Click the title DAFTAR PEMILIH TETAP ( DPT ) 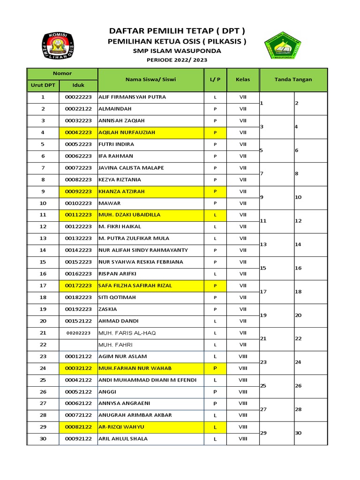pos(177,31)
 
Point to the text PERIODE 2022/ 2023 pos(177,60)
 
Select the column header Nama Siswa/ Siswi pos(150,79)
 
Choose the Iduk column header pos(78,85)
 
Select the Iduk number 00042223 pos(78,133)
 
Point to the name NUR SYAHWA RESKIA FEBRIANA pos(140,262)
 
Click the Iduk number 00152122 pos(78,321)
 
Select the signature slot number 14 pos(298,245)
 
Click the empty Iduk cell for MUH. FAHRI pos(78,345)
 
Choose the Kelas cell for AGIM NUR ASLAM pos(243,356)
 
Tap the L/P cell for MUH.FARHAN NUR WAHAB pos(215,368)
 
